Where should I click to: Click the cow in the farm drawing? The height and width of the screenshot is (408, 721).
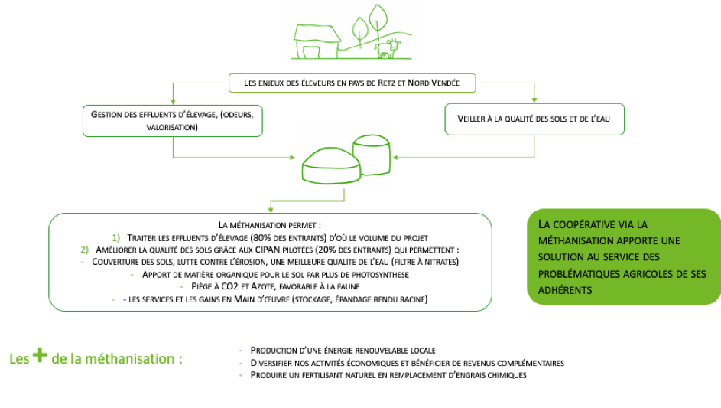coord(388,49)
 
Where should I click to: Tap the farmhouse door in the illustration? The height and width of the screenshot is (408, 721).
coord(311,52)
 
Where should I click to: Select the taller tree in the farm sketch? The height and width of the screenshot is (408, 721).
coord(378,20)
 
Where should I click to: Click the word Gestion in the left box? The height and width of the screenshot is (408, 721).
coord(106,114)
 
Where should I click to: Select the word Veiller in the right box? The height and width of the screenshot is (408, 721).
coord(471,119)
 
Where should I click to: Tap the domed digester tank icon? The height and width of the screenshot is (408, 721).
coord(331,166)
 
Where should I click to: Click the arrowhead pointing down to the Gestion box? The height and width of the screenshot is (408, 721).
coord(173,101)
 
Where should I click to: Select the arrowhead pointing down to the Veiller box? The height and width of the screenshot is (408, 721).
coord(534,100)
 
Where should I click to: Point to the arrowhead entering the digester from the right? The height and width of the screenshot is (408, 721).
coord(395,158)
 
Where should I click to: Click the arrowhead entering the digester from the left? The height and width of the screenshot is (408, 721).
coord(292,158)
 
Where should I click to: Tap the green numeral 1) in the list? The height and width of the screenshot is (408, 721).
coord(116,237)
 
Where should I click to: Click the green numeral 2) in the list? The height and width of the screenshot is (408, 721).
coord(85,250)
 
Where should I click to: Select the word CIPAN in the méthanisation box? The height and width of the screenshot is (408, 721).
coord(268,250)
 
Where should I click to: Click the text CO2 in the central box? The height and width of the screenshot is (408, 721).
coord(230,286)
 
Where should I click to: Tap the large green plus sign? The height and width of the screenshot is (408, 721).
coord(40,354)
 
